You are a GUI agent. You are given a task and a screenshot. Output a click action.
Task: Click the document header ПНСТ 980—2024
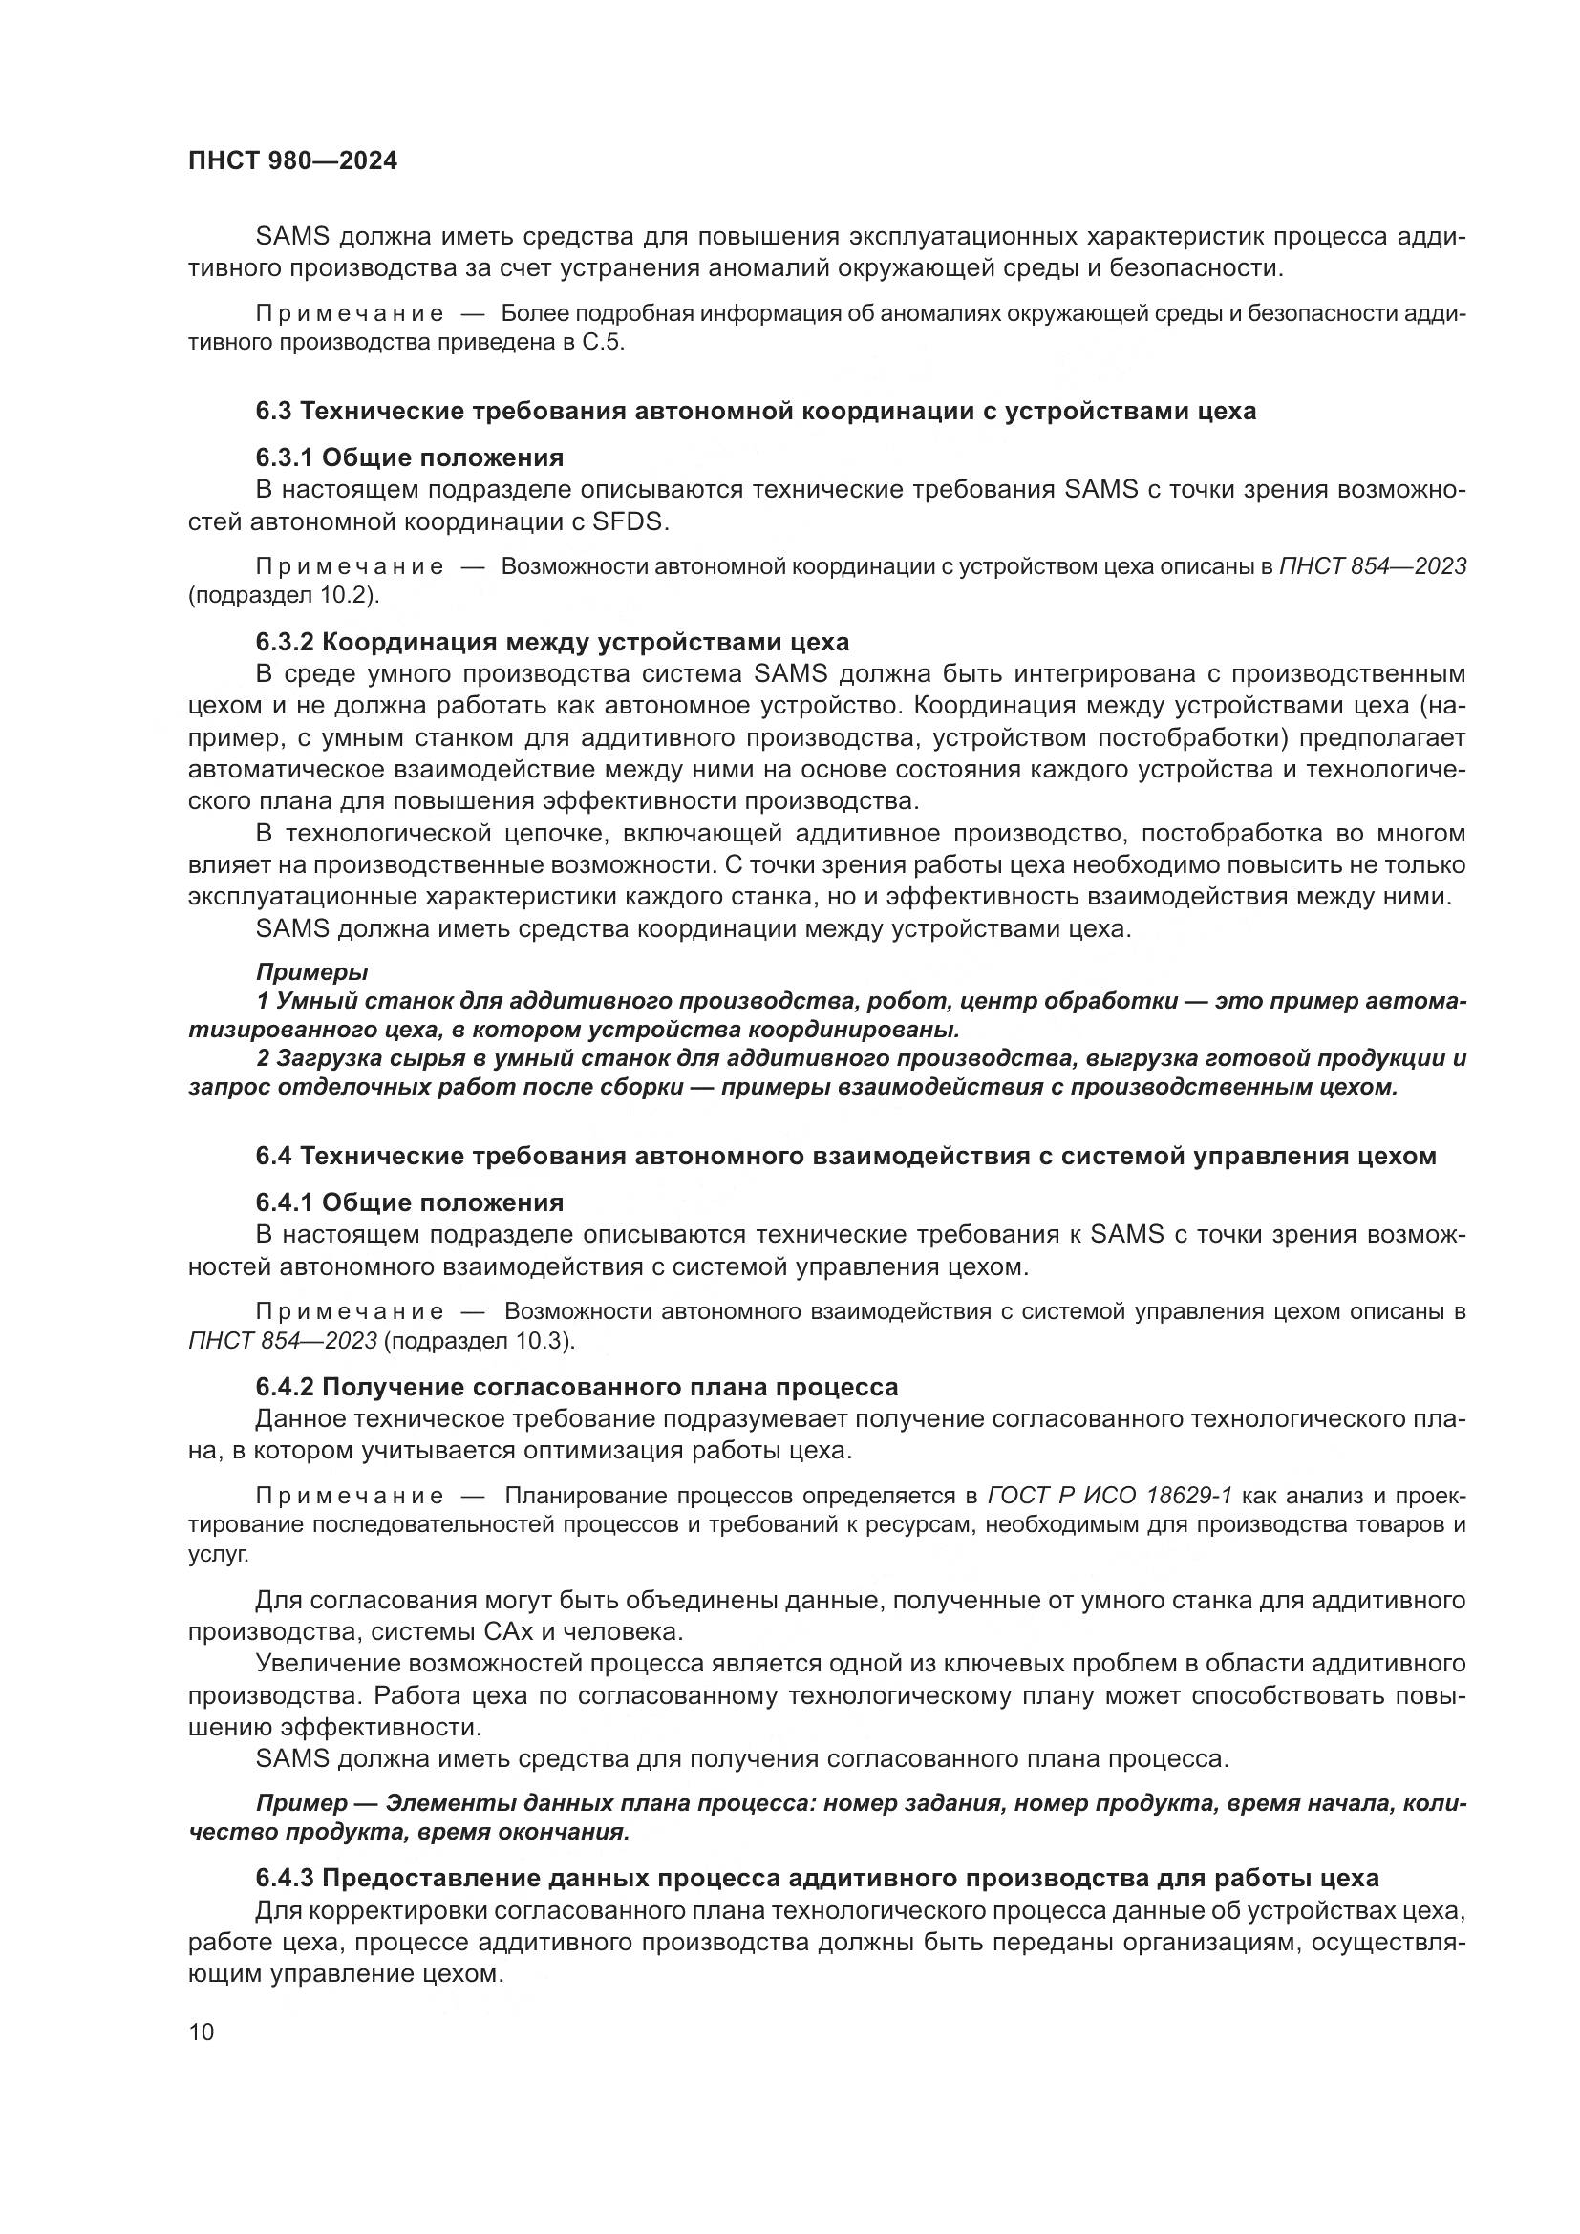click(292, 161)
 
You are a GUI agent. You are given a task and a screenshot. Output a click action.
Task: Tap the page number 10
click(202, 2032)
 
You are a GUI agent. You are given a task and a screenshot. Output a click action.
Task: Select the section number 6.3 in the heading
click(273, 411)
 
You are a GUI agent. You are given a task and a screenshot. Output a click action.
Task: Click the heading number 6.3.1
click(283, 457)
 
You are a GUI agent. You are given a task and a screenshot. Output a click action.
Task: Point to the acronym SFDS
click(631, 521)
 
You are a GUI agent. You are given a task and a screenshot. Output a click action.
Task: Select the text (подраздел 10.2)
click(283, 594)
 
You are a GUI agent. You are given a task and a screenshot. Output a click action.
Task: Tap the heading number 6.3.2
click(283, 642)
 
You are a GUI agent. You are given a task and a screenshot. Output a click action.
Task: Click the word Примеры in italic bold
click(312, 971)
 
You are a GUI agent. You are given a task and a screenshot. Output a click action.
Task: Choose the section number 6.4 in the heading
click(273, 1156)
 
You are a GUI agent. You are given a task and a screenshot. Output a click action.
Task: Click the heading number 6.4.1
click(283, 1202)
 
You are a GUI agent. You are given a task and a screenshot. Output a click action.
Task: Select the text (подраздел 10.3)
click(480, 1341)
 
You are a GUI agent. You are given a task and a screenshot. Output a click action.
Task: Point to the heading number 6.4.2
click(283, 1387)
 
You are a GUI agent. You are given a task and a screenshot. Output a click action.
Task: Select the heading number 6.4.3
click(283, 1878)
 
